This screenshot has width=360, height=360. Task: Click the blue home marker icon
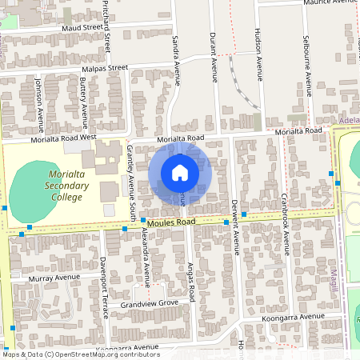pos(180,172)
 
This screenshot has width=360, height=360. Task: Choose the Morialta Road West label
pos(63,138)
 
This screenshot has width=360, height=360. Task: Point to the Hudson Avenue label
pos(259,58)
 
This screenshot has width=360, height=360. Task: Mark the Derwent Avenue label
pos(235,226)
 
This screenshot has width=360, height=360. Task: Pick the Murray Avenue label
pos(50,278)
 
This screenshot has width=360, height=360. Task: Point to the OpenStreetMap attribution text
pos(82,354)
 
